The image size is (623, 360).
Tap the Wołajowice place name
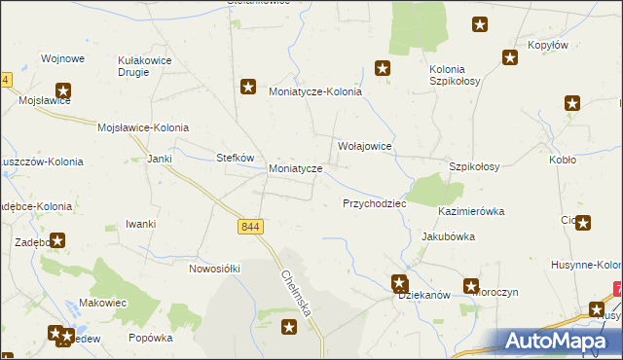pyautogui.click(x=364, y=146)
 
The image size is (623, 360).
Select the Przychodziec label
pyautogui.click(x=374, y=204)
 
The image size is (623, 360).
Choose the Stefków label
pyautogui.click(x=235, y=158)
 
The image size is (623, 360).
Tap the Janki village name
pyautogui.click(x=159, y=158)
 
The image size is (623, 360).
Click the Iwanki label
pyautogui.click(x=141, y=224)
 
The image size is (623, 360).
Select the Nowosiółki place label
pyautogui.click(x=214, y=268)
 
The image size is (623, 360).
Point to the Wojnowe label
pyautogui.click(x=62, y=58)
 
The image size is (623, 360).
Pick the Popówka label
pyautogui.click(x=150, y=339)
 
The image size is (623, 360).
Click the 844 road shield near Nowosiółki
pyautogui.click(x=250, y=227)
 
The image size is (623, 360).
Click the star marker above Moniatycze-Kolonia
pyautogui.click(x=248, y=86)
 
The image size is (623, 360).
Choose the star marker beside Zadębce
pyautogui.click(x=58, y=239)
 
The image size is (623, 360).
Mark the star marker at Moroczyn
pyautogui.click(x=471, y=287)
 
